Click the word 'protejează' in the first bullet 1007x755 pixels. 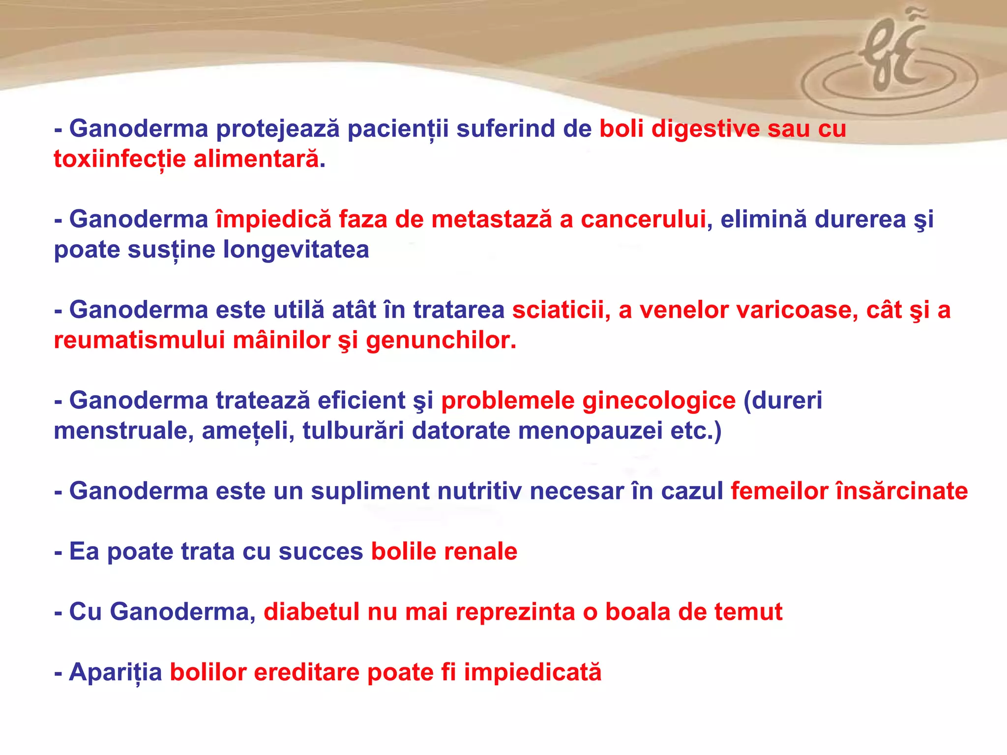pyautogui.click(x=278, y=129)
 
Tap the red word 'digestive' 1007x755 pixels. pyautogui.click(x=706, y=129)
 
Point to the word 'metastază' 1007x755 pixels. pyautogui.click(x=492, y=219)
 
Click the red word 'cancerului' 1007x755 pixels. pyautogui.click(x=643, y=219)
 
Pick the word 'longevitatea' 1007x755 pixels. pyautogui.click(x=296, y=250)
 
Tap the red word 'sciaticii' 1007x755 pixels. pyautogui.click(x=558, y=310)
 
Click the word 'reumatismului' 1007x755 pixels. pyautogui.click(x=139, y=340)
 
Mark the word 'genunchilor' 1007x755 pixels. pyautogui.click(x=441, y=340)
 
